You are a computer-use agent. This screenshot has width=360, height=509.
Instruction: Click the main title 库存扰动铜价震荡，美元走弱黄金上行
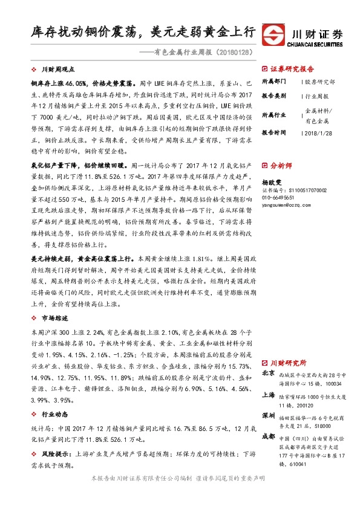click(x=143, y=32)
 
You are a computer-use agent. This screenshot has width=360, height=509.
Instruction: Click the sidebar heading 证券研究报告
click(x=291, y=69)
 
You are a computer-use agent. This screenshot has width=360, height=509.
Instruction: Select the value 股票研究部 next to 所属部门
click(x=320, y=80)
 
